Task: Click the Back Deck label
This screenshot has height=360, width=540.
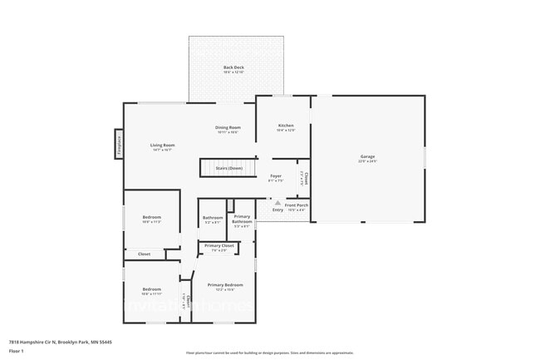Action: pyautogui.click(x=233, y=67)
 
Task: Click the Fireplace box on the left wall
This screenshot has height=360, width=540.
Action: pyautogui.click(x=119, y=145)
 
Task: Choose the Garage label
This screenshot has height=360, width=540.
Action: pyautogui.click(x=367, y=156)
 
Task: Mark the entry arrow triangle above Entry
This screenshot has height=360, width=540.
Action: pyautogui.click(x=277, y=201)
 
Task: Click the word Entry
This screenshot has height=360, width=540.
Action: pyautogui.click(x=277, y=210)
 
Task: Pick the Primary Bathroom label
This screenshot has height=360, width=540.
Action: pyautogui.click(x=242, y=219)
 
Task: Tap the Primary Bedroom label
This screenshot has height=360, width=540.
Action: pyautogui.click(x=225, y=284)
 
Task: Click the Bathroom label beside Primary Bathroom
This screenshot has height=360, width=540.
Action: pyautogui.click(x=213, y=218)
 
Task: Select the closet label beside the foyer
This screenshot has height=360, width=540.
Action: pyautogui.click(x=306, y=177)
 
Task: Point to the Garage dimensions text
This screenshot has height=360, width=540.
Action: pyautogui.click(x=367, y=161)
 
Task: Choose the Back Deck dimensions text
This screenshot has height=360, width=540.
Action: pyautogui.click(x=233, y=72)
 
